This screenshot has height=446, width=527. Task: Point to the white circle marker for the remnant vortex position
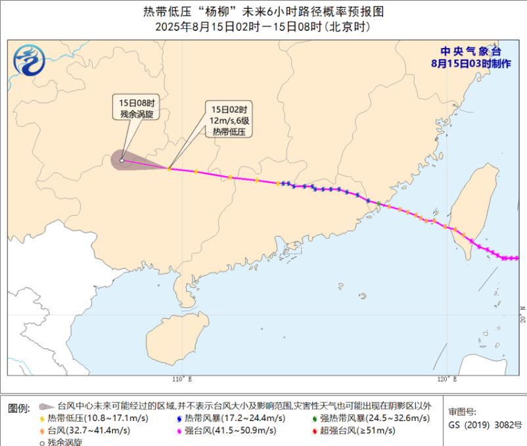coord(122,160)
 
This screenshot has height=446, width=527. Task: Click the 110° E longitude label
coord(182,380)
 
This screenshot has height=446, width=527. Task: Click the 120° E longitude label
coord(446,380)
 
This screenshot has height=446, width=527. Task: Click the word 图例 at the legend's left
coord(18,408)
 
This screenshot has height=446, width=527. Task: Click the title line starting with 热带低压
coord(263,11)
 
